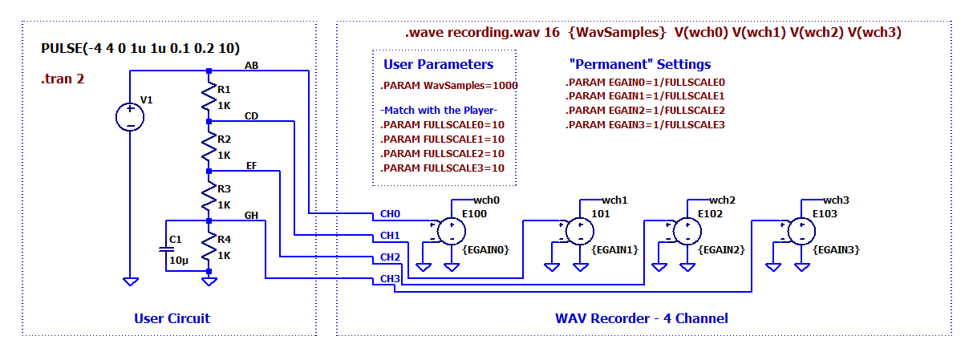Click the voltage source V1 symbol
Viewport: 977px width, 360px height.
(129, 118)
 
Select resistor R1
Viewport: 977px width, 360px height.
(209, 96)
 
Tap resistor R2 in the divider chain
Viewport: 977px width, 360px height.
(209, 146)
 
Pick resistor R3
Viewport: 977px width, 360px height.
(209, 196)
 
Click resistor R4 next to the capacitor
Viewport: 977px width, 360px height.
(209, 245)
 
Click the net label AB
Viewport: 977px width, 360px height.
(251, 64)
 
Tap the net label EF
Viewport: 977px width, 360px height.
(251, 165)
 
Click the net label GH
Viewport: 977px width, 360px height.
(251, 215)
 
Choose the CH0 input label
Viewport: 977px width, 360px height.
(390, 215)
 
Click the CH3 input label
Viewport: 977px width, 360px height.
(390, 278)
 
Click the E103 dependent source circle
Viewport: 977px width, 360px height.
(801, 232)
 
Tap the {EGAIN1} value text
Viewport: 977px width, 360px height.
(614, 250)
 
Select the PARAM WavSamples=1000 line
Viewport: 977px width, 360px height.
(448, 85)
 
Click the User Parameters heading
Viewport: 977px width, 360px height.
(438, 64)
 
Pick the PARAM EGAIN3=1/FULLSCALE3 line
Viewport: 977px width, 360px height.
(645, 125)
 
